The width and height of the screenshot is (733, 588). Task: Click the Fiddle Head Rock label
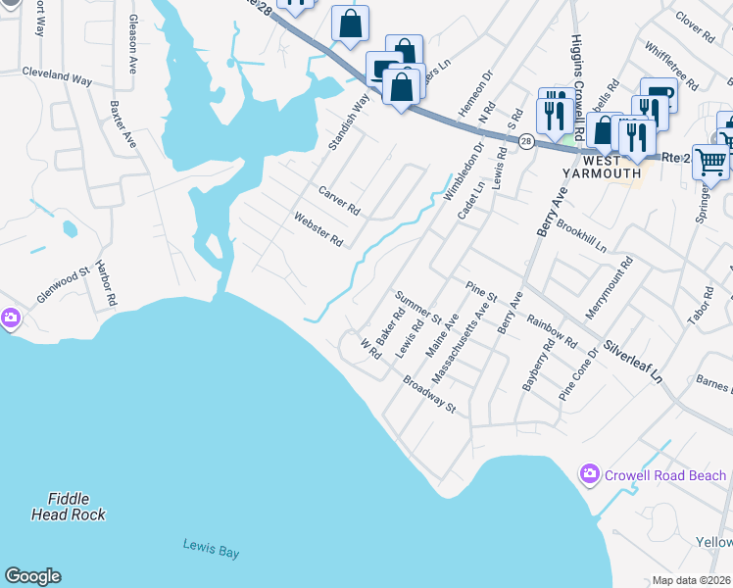68,506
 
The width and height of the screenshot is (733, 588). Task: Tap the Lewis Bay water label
211,552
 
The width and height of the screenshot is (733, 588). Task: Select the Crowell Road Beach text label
665,475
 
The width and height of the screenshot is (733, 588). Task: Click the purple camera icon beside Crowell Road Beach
589,474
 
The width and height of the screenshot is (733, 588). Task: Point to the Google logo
32,576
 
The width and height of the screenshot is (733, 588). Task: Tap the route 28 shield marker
526,141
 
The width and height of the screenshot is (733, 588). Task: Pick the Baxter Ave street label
123,124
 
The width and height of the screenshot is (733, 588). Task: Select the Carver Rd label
339,199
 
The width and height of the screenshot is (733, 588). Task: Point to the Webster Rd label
318,231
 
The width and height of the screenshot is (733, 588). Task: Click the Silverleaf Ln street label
633,362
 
